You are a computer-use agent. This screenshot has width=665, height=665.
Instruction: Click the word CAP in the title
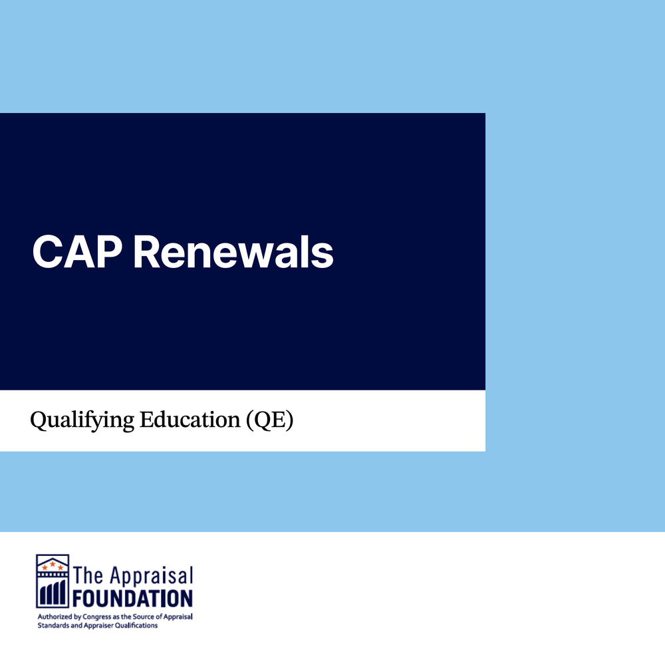pyautogui.click(x=77, y=252)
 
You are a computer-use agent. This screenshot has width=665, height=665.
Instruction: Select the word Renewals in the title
pyautogui.click(x=233, y=252)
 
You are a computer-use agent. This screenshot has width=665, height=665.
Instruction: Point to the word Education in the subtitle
pyautogui.click(x=190, y=420)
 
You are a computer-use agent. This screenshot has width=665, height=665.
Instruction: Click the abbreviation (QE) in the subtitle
pyautogui.click(x=270, y=420)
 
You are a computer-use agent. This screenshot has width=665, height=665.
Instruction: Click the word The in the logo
pyautogui.click(x=88, y=575)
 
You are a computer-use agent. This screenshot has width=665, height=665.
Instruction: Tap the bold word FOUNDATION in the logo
pyautogui.click(x=132, y=598)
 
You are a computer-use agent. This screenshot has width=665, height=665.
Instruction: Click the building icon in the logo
pyautogui.click(x=53, y=581)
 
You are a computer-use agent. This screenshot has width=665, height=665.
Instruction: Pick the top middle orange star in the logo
pyautogui.click(x=53, y=564)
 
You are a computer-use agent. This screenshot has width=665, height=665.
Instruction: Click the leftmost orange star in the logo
pyautogui.click(x=45, y=567)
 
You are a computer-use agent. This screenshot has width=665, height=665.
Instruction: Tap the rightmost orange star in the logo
pyautogui.click(x=61, y=567)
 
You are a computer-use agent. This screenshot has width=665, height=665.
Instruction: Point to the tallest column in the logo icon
pyautogui.click(x=63, y=593)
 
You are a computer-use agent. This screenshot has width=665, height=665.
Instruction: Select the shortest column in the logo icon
pyautogui.click(x=43, y=596)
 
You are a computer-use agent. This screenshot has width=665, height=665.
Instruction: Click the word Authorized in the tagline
pyautogui.click(x=55, y=616)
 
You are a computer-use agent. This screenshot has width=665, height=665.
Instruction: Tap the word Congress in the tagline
pyautogui.click(x=96, y=617)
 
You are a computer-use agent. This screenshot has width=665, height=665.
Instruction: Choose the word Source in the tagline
pyautogui.click(x=144, y=616)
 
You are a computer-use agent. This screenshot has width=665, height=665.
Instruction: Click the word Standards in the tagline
pyautogui.click(x=53, y=626)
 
